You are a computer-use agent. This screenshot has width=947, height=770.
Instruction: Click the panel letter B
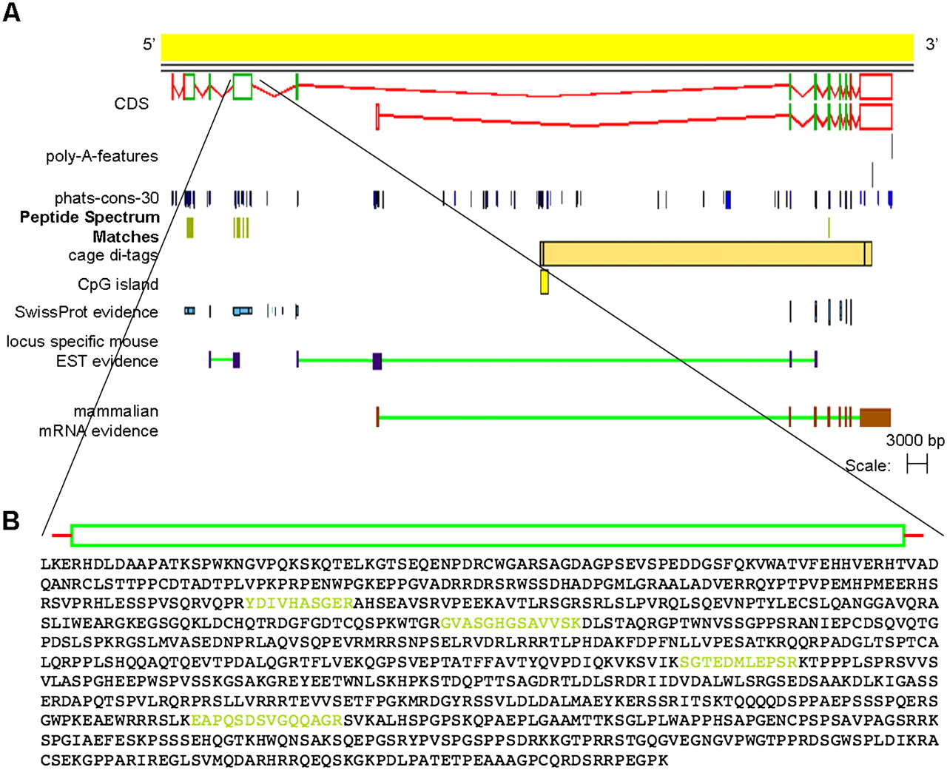tap(11, 521)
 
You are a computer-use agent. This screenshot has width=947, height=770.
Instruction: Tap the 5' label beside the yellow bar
tap(149, 44)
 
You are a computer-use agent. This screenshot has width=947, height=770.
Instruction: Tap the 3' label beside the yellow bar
tap(931, 44)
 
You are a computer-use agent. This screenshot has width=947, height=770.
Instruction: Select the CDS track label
tap(131, 104)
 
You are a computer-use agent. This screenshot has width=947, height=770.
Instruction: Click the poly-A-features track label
tap(102, 156)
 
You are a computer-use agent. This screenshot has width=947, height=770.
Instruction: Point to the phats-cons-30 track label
tap(107, 198)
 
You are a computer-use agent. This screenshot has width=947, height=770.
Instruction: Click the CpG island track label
tap(118, 284)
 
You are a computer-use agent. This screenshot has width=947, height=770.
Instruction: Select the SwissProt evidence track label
tap(87, 312)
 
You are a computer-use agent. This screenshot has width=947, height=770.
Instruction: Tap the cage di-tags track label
tap(113, 255)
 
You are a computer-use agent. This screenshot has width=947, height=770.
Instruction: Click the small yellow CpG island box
tap(545, 282)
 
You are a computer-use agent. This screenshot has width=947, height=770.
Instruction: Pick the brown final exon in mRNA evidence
tap(874, 417)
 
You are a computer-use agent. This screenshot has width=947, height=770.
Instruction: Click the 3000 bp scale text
tap(915, 441)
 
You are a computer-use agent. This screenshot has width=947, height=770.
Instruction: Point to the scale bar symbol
tap(917, 465)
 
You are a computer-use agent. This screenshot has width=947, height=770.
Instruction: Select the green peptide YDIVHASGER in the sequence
tap(300, 603)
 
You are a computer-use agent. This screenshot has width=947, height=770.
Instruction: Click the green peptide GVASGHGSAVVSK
tap(510, 623)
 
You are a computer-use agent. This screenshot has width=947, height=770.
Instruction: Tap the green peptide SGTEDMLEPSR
tap(738, 661)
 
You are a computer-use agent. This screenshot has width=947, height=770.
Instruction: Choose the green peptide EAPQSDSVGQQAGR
tap(266, 720)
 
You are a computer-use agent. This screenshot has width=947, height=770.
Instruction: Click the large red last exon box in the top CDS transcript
tap(876, 87)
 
